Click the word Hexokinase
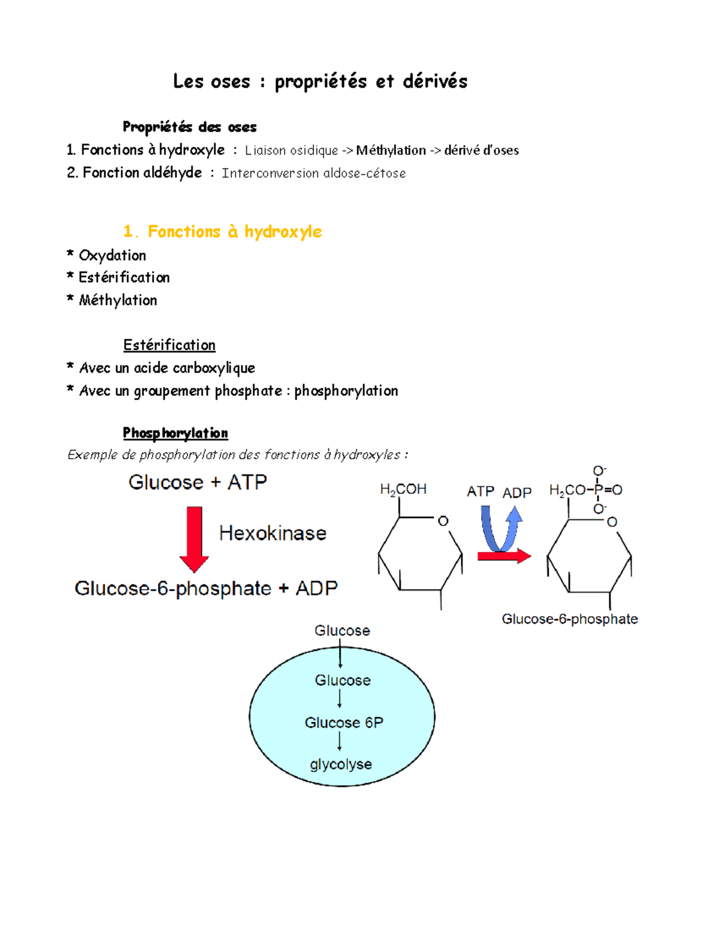pos(273,533)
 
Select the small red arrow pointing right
pos(504,556)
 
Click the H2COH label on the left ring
pos(403,489)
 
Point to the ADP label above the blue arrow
pos(516,493)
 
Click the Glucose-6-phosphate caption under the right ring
pos(569,619)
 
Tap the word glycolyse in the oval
pos(340,764)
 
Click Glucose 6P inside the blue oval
pos(343,723)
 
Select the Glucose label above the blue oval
pos(342,631)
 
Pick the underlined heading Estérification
pos(169,345)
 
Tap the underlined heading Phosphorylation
pos(175,433)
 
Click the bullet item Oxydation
pos(112,256)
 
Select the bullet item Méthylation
pos(117,300)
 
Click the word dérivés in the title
pos(434,81)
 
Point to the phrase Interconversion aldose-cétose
pos(313,173)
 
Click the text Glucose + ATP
pos(198,482)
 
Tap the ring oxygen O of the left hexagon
pos(443,521)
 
